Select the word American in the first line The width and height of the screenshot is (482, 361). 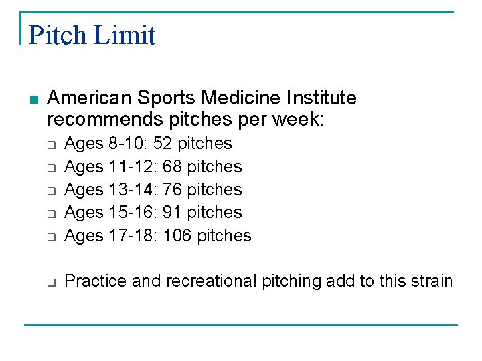[90, 98]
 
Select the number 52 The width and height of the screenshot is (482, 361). [163, 144]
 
